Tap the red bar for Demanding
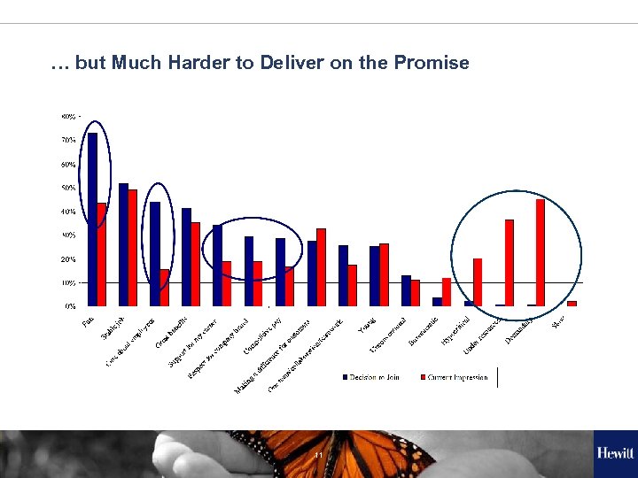(x=541, y=252)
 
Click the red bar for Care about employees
(x=165, y=288)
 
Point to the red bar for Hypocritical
(x=478, y=282)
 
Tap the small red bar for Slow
(x=572, y=304)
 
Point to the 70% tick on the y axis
(x=68, y=140)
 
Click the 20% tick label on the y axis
(x=68, y=259)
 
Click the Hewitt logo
(x=615, y=453)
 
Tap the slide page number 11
(x=317, y=455)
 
